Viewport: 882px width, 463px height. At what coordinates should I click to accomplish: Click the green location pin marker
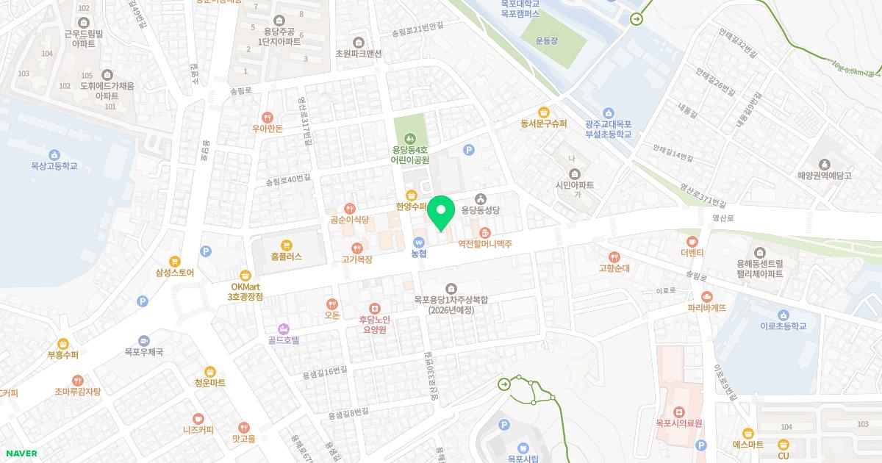[x=441, y=214]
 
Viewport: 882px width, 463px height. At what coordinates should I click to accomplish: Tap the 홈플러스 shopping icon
[x=286, y=244]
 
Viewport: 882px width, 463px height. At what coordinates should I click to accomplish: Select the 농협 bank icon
[x=419, y=241]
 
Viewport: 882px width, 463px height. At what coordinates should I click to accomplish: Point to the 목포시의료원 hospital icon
[x=678, y=411]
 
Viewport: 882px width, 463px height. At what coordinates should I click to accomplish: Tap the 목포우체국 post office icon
[x=143, y=340]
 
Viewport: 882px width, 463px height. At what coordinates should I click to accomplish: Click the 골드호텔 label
[x=283, y=340]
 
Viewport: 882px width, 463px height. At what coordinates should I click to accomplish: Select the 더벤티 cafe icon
[x=692, y=240]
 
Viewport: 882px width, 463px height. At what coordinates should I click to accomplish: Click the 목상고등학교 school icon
[x=54, y=154]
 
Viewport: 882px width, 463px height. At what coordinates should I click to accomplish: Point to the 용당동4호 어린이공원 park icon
[x=410, y=137]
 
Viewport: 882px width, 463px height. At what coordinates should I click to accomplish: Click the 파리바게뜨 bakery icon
[x=707, y=296]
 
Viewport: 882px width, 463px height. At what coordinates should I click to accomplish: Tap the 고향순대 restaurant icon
[x=614, y=256]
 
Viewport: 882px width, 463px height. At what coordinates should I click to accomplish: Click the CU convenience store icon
[x=784, y=444]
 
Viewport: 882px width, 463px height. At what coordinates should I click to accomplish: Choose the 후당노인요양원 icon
[x=375, y=308]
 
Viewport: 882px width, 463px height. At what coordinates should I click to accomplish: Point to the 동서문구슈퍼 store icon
[x=544, y=112]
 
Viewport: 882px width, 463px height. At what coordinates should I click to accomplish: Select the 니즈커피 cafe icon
[x=198, y=418]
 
